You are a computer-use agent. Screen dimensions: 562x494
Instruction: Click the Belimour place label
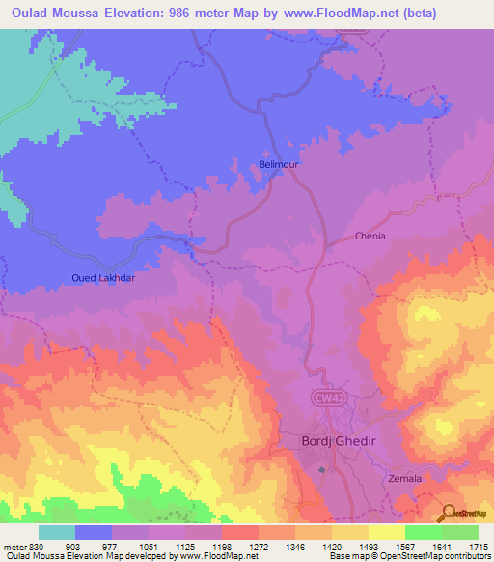pos(279,165)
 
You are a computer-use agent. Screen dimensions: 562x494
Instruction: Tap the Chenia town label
pos(370,236)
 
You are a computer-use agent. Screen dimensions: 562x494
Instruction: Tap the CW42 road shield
pos(328,396)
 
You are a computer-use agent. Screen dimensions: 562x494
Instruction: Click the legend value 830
pos(34,546)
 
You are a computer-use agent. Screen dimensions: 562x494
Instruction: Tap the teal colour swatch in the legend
pos(57,532)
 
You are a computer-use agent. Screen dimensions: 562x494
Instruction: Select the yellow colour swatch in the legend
pos(386,532)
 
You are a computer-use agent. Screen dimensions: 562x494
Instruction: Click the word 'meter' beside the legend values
pos(14,546)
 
